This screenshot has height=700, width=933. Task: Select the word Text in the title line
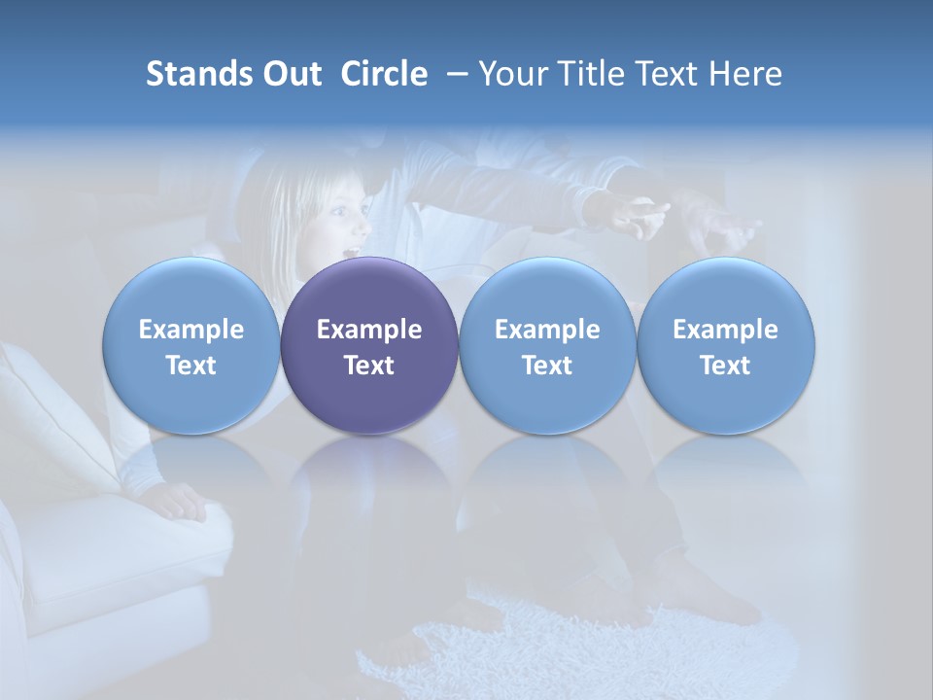tap(667, 74)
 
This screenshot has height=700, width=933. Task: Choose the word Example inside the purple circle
tap(369, 330)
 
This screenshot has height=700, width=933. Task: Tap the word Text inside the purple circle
tap(369, 366)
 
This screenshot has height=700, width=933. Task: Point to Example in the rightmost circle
tap(726, 330)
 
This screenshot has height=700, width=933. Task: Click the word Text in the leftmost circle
tap(190, 366)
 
